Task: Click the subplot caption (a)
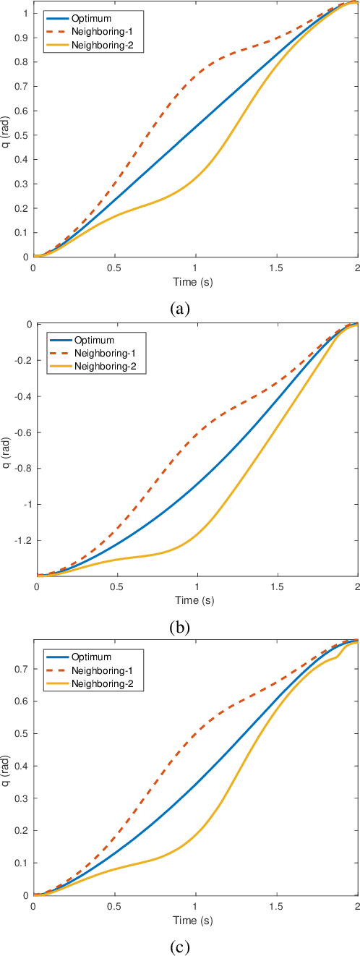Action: (x=179, y=309)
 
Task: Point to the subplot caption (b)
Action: (x=179, y=627)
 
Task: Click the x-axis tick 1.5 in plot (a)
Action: (x=276, y=268)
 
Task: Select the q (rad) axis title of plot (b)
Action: (x=7, y=449)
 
